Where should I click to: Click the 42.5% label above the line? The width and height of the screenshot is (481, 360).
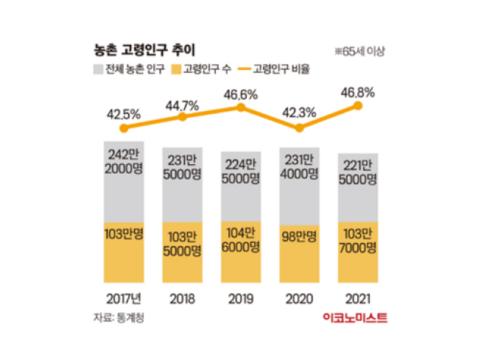pos(122,115)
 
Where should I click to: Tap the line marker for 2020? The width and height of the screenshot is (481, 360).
pos(299,127)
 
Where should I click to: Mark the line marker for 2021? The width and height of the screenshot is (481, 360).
pos(359,105)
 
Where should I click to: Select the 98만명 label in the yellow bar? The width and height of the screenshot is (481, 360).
pos(299,237)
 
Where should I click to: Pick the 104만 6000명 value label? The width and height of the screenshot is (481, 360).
pos(240,244)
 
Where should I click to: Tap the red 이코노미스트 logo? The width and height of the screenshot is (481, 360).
pos(355,317)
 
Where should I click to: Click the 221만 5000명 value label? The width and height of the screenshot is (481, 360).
pos(359,173)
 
